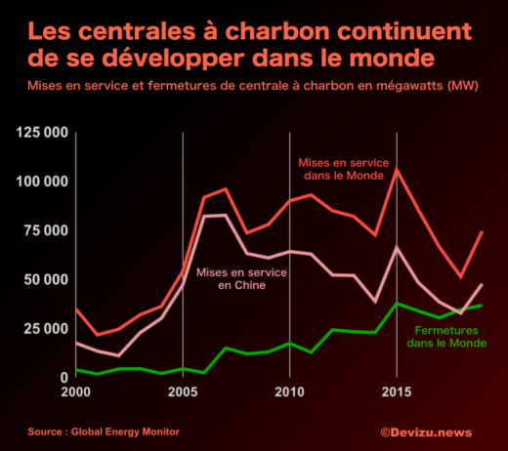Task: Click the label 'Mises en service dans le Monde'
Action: (x=339, y=168)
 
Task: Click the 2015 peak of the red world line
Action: (x=396, y=170)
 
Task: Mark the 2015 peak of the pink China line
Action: (x=396, y=248)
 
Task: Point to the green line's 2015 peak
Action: (x=396, y=303)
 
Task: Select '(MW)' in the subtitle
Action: (x=465, y=85)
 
